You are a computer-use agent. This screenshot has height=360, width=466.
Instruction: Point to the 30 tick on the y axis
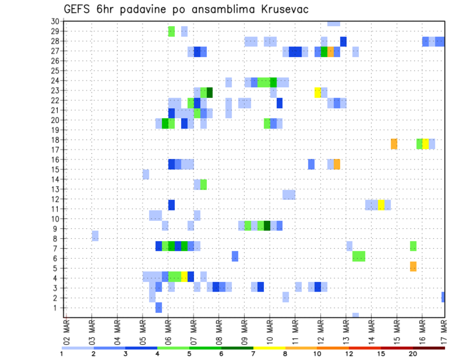pos(55,21)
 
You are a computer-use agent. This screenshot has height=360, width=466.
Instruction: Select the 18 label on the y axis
pos(55,140)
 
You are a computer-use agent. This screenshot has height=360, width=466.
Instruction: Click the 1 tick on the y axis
pos(56,308)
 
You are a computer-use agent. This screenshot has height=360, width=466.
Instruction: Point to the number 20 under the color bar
pos(413,354)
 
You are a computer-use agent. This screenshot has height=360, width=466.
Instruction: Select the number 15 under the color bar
pos(381,354)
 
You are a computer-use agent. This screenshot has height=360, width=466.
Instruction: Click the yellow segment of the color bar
pos(269,348)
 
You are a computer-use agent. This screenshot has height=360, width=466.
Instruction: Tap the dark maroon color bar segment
pos(429,348)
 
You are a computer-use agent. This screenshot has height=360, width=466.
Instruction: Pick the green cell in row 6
pos(359,256)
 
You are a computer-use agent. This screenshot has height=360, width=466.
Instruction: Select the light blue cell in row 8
pos(95,236)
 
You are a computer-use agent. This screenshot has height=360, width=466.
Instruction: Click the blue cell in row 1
pos(159,308)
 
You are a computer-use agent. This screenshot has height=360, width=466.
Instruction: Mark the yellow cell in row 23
pos(317,92)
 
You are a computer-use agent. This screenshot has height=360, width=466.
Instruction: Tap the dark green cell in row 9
pos(267,226)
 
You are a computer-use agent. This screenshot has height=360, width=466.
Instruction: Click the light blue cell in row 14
pos(146,174)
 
